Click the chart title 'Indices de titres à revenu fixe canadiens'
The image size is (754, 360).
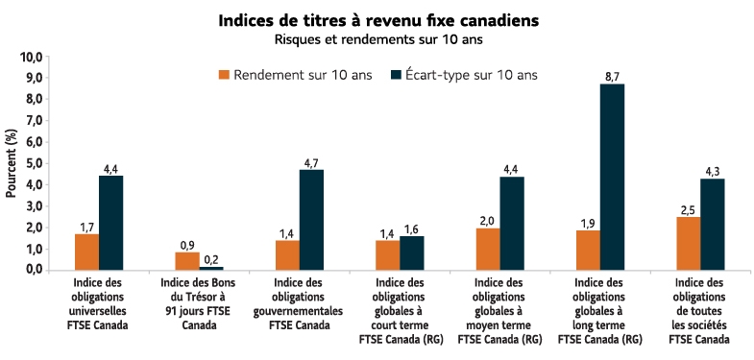377,19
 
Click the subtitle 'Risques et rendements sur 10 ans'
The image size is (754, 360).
377,39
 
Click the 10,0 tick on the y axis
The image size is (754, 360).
33,58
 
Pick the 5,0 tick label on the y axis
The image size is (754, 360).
33,163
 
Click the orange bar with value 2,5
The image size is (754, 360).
688,244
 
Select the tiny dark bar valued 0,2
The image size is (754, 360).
211,268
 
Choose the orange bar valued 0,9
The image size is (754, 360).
186,260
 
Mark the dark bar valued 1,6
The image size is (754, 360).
412,252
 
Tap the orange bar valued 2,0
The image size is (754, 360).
488,249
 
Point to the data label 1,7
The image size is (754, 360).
86,227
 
